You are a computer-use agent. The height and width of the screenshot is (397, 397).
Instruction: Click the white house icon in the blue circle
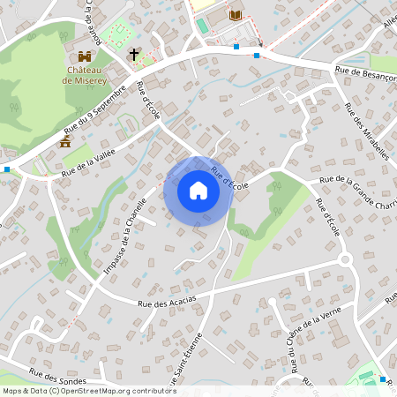198,190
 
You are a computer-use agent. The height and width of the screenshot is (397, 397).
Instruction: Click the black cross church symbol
134,55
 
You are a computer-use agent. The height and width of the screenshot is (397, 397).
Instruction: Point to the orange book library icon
235,15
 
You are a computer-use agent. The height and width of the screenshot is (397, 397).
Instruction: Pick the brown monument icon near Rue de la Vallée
64,141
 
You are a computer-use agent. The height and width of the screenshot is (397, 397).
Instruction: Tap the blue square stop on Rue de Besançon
257,56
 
